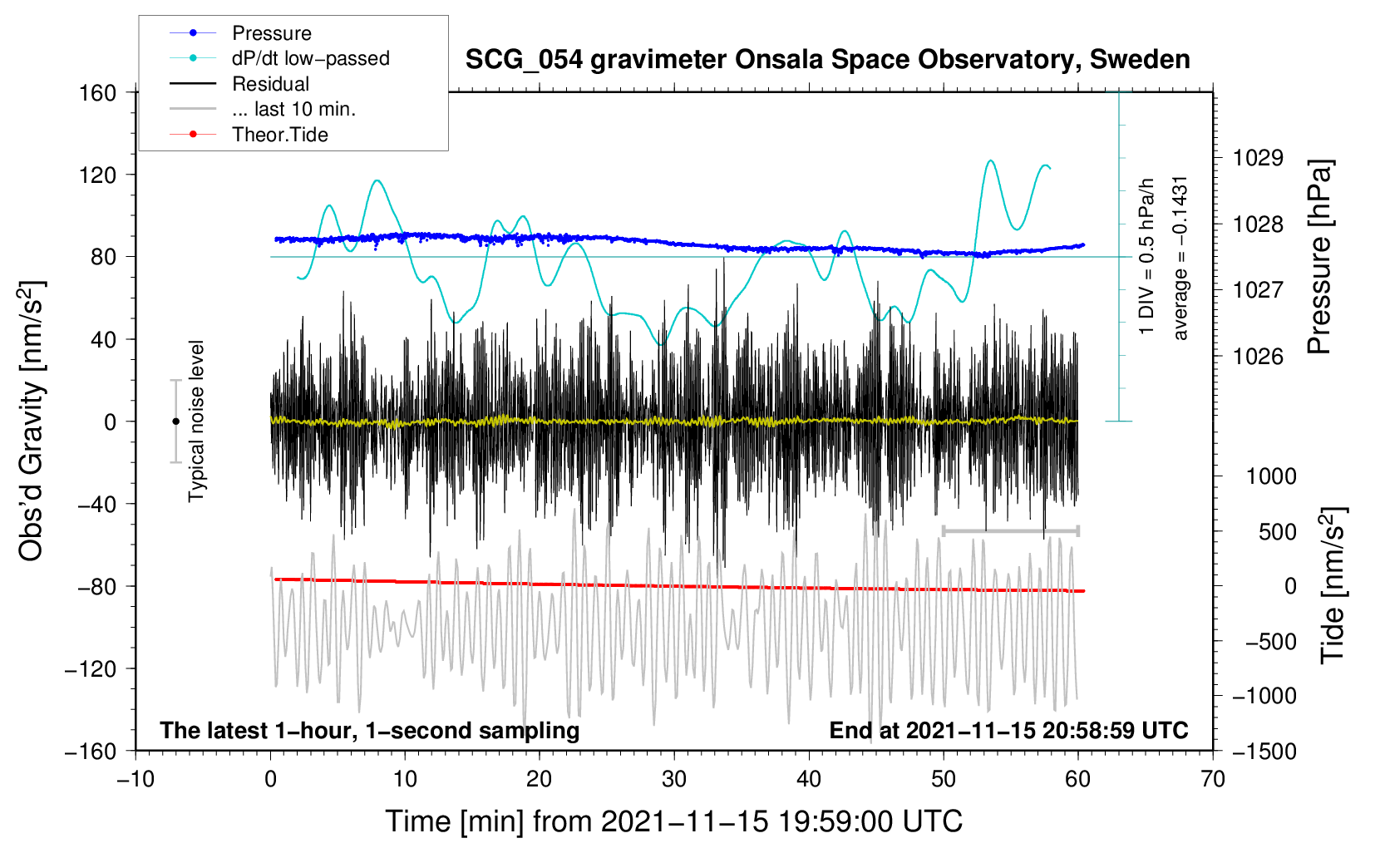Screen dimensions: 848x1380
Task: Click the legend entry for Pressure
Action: click(271, 33)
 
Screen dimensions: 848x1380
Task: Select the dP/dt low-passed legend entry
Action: click(310, 58)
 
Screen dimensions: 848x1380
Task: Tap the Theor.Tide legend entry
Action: click(279, 135)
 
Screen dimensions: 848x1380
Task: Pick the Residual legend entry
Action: click(270, 84)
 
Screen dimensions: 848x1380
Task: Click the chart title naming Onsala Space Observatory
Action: click(827, 60)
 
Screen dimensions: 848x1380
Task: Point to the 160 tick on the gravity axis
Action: click(98, 92)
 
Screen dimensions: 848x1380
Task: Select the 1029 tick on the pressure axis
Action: click(1258, 158)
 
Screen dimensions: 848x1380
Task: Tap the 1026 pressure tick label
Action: click(1258, 357)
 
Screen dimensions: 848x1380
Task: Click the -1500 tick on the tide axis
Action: click(1264, 751)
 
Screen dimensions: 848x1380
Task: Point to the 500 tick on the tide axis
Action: click(1277, 531)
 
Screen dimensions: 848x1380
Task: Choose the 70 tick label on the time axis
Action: click(1213, 779)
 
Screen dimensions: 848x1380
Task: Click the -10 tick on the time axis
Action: click(136, 779)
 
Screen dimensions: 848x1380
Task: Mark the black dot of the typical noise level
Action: click(175, 422)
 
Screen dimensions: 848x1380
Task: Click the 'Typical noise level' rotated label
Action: click(196, 422)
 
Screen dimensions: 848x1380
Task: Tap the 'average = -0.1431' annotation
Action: click(1180, 258)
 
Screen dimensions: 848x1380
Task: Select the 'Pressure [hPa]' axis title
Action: click(1319, 258)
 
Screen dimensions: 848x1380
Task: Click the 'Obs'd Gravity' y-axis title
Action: click(32, 422)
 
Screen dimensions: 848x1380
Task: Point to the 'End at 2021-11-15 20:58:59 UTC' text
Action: click(1008, 730)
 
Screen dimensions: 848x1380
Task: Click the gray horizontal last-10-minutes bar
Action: click(1010, 530)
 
